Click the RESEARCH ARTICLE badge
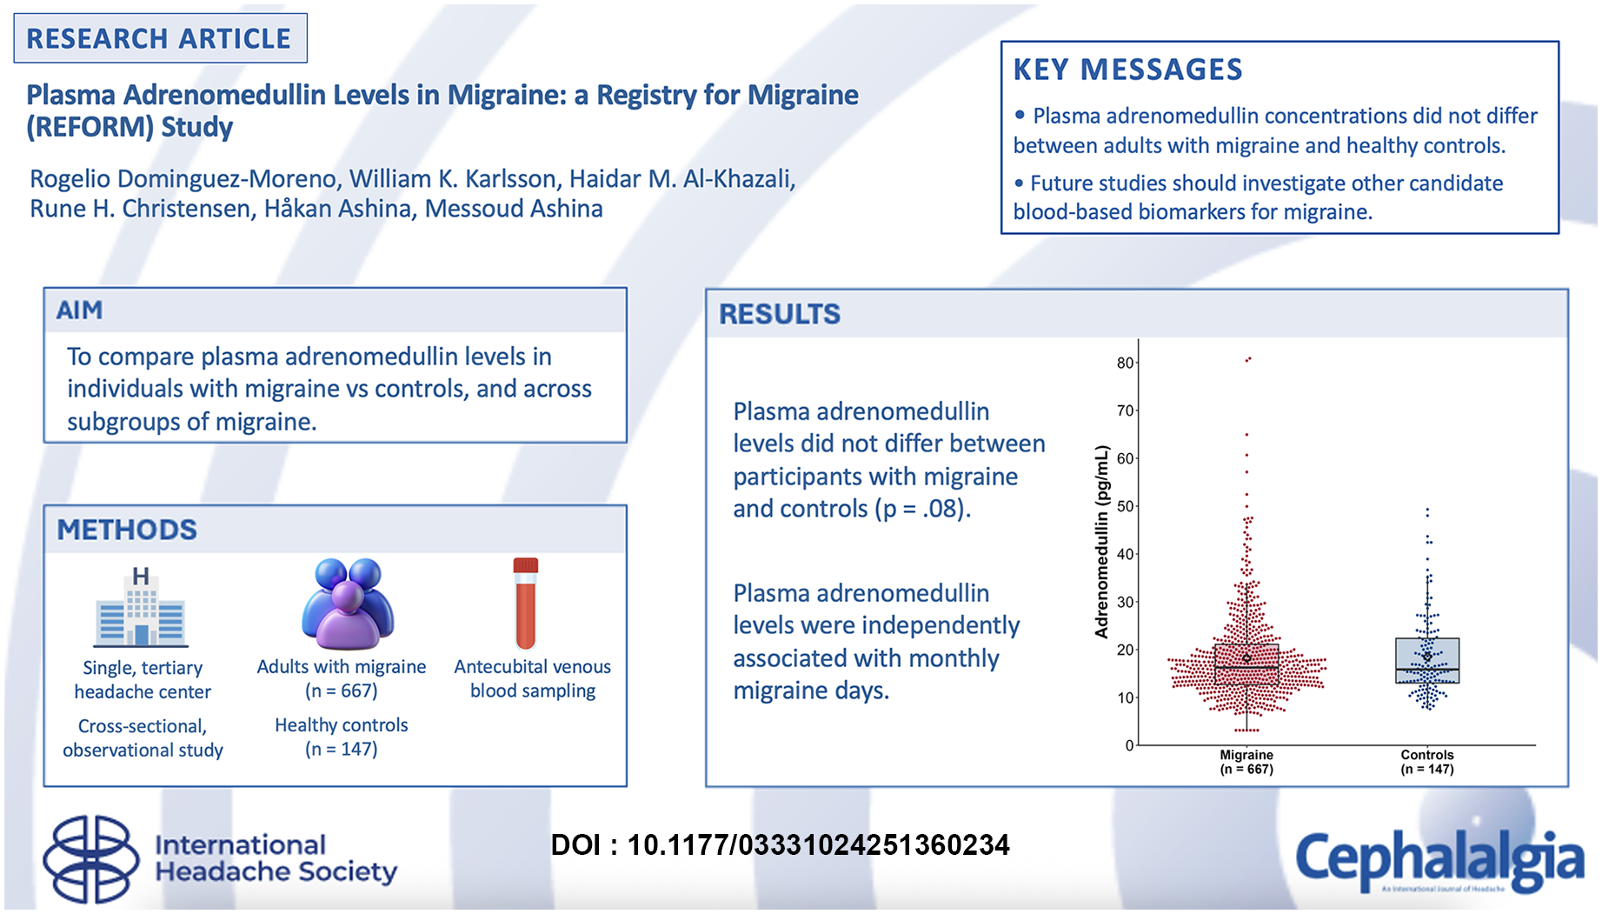[x=160, y=38]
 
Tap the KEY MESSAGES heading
[x=1127, y=70]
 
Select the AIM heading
[x=79, y=310]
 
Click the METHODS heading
[x=127, y=530]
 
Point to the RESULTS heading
[x=780, y=314]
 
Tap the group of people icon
[x=348, y=604]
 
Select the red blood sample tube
[x=526, y=604]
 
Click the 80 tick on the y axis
[x=1126, y=363]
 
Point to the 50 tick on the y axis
[x=1126, y=506]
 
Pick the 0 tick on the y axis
[x=1130, y=745]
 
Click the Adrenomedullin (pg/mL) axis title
[x=1102, y=542]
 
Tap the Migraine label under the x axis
[x=1246, y=755]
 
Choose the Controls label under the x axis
[x=1427, y=755]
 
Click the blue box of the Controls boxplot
[x=1427, y=661]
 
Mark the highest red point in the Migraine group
[x=1248, y=358]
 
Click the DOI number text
[x=819, y=844]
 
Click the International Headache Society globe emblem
[x=91, y=859]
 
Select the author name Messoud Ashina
[x=514, y=209]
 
